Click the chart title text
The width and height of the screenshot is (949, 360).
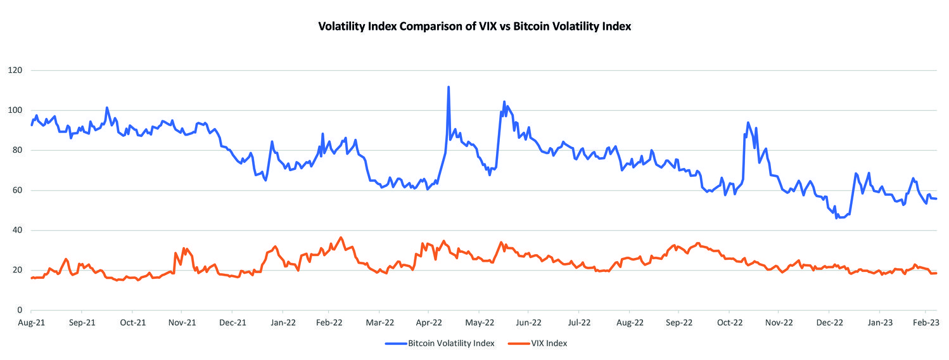[x=475, y=27]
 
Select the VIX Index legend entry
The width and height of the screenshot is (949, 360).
[x=549, y=344]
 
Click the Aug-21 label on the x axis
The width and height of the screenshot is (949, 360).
[x=32, y=323]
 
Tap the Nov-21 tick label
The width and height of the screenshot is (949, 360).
[x=182, y=323]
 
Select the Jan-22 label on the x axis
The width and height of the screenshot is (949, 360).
[x=283, y=323]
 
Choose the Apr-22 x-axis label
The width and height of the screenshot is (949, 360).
[x=428, y=323]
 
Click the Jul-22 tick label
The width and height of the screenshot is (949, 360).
[x=578, y=323]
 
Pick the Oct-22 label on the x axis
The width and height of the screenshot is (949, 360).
[x=729, y=323]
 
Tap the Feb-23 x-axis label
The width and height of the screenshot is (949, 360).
[x=926, y=323]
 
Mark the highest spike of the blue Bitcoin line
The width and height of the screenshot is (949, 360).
[x=449, y=87]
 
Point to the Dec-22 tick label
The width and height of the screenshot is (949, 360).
[x=829, y=323]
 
